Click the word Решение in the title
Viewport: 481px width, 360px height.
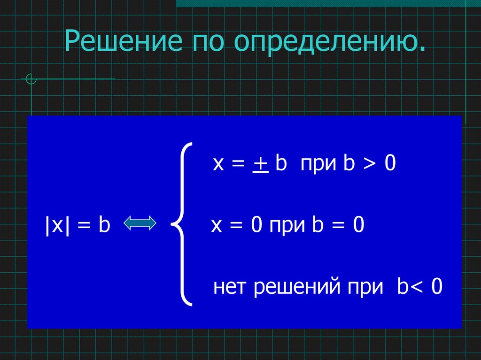[x=123, y=43]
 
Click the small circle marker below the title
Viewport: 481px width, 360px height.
[x=31, y=79]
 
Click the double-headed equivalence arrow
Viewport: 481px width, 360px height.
[x=140, y=223]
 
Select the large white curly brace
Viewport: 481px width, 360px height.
[x=182, y=224]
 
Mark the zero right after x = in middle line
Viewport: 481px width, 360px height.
[x=256, y=225]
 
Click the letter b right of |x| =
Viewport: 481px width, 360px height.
[x=104, y=225]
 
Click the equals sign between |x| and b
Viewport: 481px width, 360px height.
[x=84, y=226]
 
